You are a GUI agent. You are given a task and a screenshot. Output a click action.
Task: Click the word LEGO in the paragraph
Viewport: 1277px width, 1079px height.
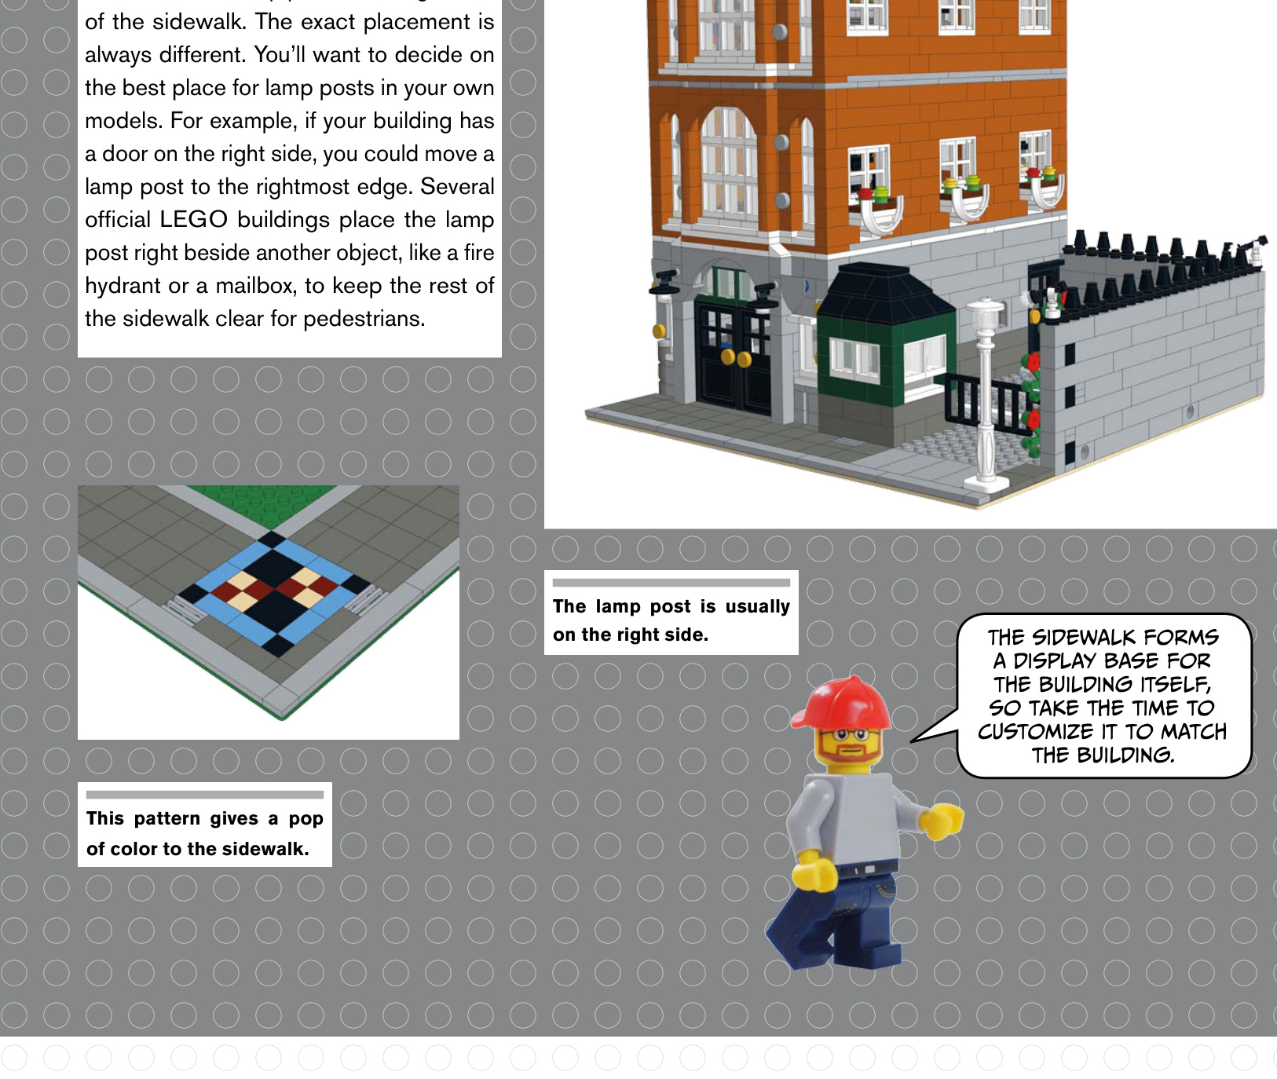click(193, 219)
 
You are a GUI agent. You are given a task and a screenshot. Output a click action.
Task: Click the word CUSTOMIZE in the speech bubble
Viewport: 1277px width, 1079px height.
click(1035, 732)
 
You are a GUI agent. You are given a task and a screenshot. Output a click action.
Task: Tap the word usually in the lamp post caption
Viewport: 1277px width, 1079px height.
click(757, 606)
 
